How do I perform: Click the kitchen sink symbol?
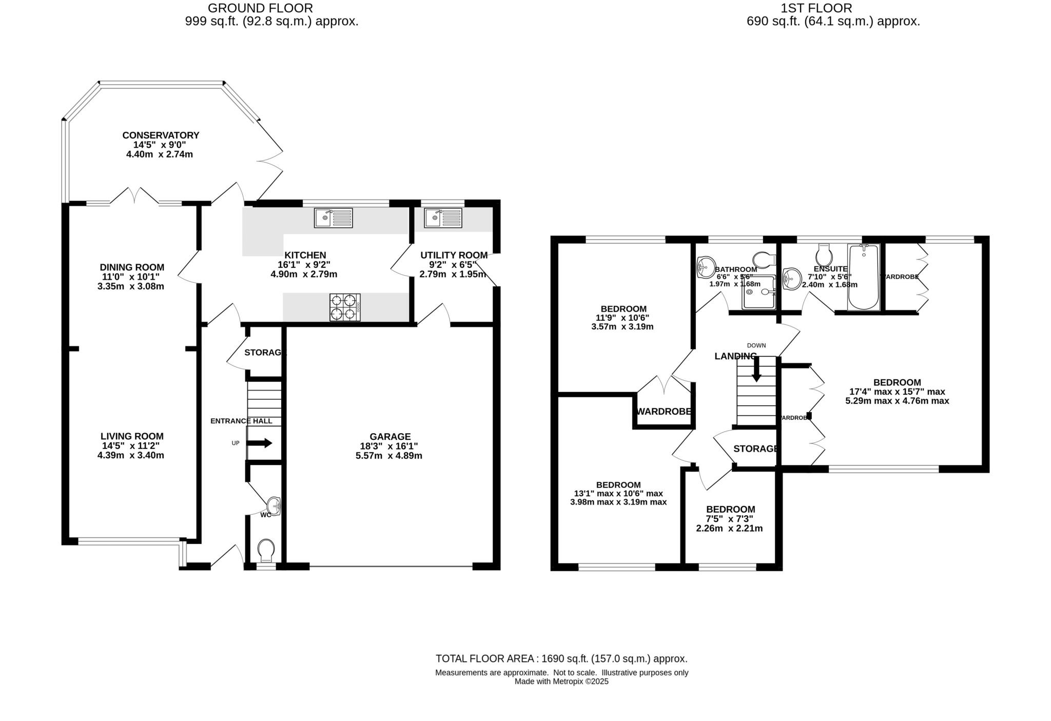click(x=333, y=218)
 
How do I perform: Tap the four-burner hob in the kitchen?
click(x=344, y=307)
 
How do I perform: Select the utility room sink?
click(x=443, y=218)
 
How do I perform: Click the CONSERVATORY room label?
click(x=161, y=135)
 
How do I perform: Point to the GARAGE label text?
click(x=390, y=437)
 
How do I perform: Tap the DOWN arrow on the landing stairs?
click(x=756, y=371)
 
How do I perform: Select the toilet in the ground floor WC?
click(x=266, y=550)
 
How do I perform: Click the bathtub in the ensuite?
click(x=864, y=277)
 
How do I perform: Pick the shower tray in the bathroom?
click(x=758, y=293)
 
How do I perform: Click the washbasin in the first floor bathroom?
click(x=705, y=267)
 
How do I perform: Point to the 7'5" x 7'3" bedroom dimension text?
click(x=730, y=519)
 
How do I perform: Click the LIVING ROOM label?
click(x=132, y=436)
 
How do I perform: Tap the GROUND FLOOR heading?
click(x=260, y=8)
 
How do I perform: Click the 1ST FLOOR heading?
click(x=816, y=8)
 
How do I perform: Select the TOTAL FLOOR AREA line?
click(x=561, y=659)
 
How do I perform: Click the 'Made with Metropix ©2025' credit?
click(x=561, y=681)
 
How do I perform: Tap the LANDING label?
click(x=735, y=356)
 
